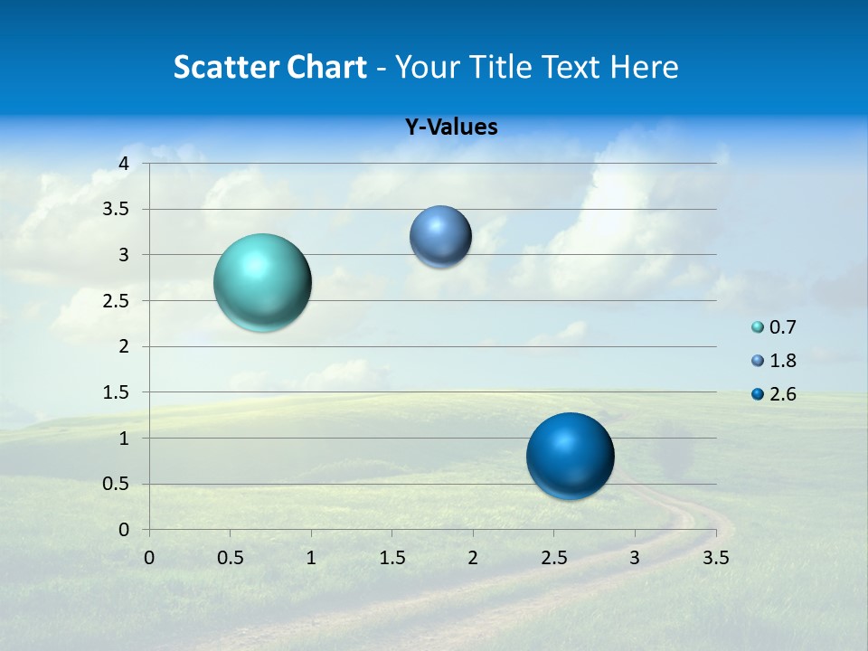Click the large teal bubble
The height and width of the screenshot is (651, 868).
263,282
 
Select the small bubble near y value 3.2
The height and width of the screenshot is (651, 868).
440,237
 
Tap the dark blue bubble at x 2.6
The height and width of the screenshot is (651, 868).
571,456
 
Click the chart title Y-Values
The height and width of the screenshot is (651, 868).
451,127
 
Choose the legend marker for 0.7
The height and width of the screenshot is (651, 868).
758,327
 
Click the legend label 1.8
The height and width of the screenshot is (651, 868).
782,361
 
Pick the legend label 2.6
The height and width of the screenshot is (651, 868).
782,394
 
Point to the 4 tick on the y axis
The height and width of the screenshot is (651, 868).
124,164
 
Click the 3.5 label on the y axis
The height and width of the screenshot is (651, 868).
117,210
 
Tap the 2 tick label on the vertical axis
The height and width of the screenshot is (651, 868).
124,346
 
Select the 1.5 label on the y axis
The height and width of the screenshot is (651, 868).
117,392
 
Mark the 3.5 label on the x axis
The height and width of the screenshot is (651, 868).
715,558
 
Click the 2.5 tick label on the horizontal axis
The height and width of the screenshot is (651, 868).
553,558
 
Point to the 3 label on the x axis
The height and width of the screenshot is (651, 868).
635,558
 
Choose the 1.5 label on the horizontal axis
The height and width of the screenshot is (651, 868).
392,558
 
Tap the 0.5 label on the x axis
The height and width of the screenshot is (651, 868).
230,558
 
